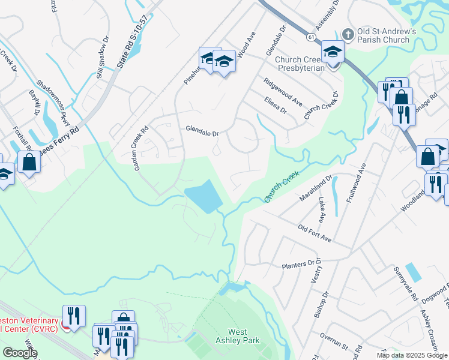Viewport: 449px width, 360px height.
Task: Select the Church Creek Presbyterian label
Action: pos(300,64)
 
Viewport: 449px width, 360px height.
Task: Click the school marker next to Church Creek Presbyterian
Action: pos(332,53)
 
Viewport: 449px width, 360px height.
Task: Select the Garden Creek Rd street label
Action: pos(141,148)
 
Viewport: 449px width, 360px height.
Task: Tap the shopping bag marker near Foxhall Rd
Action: pos(28,161)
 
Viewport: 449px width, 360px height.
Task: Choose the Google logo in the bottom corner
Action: pos(20,352)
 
